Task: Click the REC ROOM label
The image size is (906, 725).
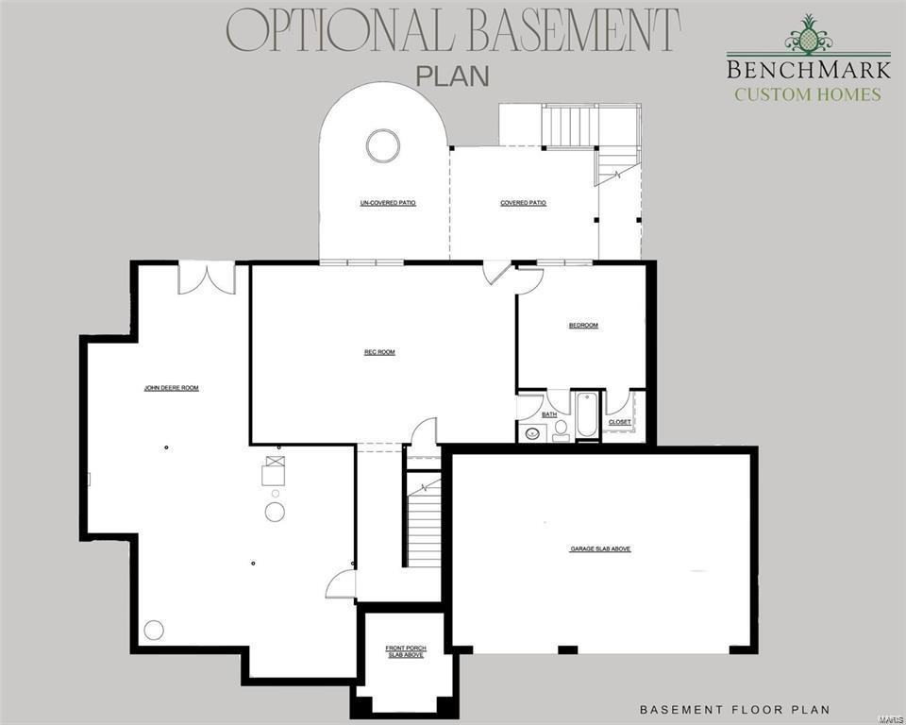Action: (379, 352)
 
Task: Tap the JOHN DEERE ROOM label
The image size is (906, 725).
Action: (171, 387)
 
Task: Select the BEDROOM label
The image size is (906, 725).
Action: (583, 326)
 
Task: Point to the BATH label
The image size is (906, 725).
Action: (548, 414)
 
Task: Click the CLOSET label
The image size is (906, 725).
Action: (620, 422)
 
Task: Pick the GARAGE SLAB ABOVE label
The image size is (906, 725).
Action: (600, 548)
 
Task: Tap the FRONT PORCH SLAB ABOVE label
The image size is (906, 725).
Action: (406, 650)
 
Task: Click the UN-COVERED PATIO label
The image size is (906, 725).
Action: (388, 203)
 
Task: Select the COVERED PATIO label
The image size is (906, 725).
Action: (523, 203)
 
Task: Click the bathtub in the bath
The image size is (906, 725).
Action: (586, 415)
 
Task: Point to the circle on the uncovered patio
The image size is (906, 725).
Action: (383, 145)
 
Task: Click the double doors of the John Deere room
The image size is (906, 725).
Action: (207, 278)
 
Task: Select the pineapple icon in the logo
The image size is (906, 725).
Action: (807, 37)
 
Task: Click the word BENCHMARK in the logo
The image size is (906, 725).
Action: (808, 69)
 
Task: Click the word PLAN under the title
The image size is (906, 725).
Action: (453, 76)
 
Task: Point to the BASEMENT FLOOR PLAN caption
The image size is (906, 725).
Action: (735, 709)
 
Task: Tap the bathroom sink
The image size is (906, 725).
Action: (531, 434)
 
